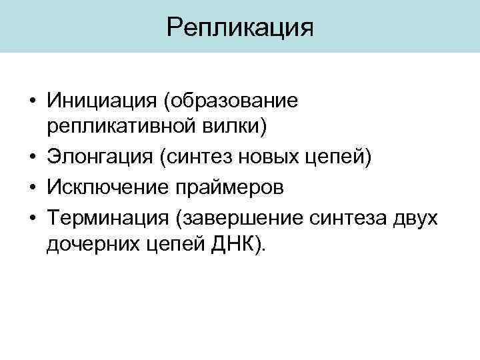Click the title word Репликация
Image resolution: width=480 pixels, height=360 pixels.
click(x=240, y=27)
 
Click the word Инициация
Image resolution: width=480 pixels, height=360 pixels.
click(x=101, y=101)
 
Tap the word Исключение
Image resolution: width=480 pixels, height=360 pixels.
click(x=111, y=187)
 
